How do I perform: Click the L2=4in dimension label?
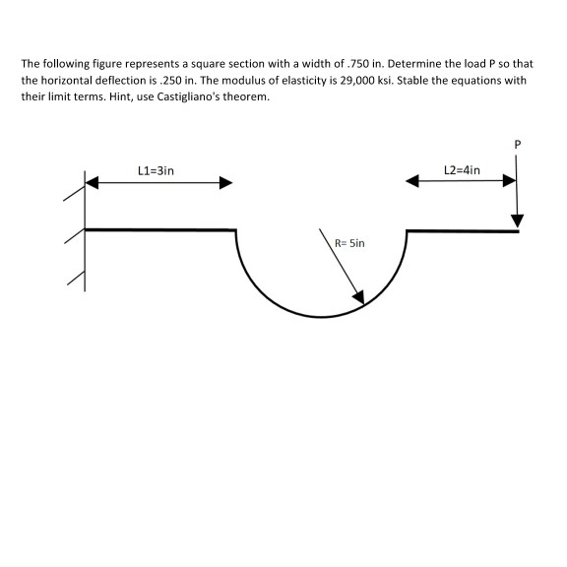(462, 169)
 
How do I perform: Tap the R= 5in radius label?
(349, 241)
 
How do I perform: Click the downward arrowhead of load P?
(517, 219)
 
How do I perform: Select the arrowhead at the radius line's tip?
(359, 297)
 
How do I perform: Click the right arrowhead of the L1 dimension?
(226, 182)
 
